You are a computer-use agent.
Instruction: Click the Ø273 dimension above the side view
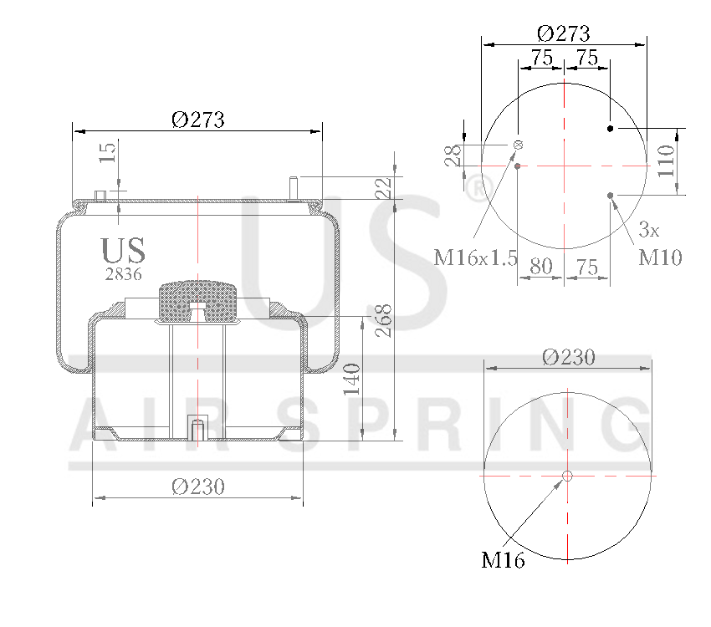click(198, 120)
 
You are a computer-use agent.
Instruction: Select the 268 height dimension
click(384, 319)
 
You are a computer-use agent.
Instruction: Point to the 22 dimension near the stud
click(383, 187)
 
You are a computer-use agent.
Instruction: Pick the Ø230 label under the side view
click(198, 487)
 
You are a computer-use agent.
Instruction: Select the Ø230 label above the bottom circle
click(568, 357)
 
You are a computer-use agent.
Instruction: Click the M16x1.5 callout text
click(476, 257)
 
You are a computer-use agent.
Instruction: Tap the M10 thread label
click(661, 257)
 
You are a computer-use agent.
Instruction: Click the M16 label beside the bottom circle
click(503, 561)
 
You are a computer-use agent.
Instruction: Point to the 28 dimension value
click(453, 155)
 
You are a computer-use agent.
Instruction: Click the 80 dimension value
click(541, 267)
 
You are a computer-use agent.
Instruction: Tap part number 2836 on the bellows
click(123, 273)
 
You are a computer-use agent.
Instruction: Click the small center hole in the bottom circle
click(567, 476)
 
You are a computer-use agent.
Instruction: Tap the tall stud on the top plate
click(293, 187)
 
